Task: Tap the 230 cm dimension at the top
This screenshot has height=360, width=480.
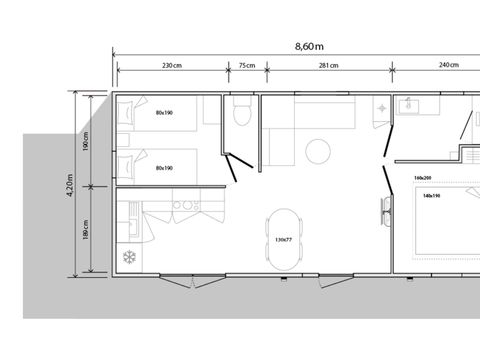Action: pos(172,66)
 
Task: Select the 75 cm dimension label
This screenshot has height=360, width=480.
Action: pos(246,66)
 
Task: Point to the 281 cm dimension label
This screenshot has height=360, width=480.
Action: pos(328,66)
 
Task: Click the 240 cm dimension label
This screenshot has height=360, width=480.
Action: pos(447,66)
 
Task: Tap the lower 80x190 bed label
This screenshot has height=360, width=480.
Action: pos(164,167)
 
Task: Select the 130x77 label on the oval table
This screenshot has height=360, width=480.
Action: pos(284,239)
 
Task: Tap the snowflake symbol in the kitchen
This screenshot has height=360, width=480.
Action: pos(128,257)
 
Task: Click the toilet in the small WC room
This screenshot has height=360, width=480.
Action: pos(240,114)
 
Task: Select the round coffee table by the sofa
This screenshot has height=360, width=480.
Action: pos(318,151)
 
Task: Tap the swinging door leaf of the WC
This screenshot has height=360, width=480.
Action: pos(232,167)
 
